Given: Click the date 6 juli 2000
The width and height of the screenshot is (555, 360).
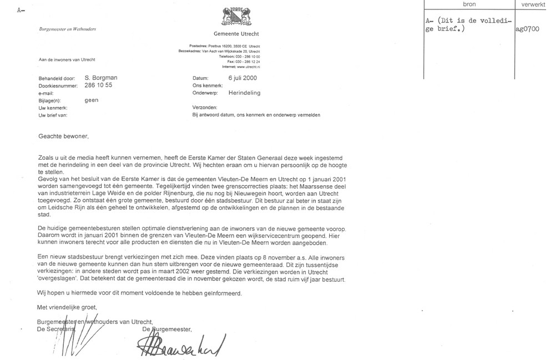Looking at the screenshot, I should pos(242,78).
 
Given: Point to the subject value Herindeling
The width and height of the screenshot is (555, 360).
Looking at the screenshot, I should pos(244,93).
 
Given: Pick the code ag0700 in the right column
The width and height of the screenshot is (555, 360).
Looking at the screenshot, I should pos(527,30).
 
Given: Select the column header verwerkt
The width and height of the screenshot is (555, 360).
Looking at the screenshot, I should pos(533,4).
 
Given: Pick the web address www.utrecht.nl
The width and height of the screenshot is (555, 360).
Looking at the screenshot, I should pos(249,67).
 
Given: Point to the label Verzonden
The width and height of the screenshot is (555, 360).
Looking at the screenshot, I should pos(205,107).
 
